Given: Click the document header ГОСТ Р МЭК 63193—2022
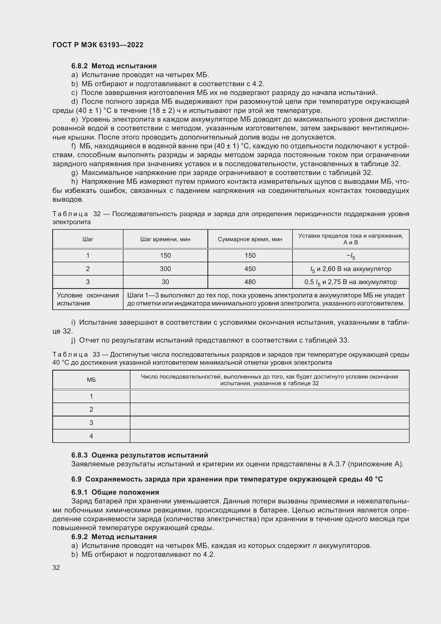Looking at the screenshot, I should pos(98,45).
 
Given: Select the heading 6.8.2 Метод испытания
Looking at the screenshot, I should pos(114,66).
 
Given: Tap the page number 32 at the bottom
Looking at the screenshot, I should pos(56,567).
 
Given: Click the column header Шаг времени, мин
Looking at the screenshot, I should pos(165,239).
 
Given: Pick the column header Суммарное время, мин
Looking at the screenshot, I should pos(250,239).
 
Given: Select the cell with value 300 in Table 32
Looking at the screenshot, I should pos(165,269).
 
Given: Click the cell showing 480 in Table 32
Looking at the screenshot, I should pos(250,282).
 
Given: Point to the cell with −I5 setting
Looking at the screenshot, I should pos(351,256).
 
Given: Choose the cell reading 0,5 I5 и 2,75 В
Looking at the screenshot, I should pos(351,282).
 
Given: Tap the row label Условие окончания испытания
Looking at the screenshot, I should pos(88,299).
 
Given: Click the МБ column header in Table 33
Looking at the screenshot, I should pos(91,380).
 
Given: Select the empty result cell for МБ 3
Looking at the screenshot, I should pos(269,423).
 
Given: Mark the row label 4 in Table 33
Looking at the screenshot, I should pos(91,436).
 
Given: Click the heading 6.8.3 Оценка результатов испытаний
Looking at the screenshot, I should pos(139,455).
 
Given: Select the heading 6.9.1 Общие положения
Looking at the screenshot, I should pos(115,492).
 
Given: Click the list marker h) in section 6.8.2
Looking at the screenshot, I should pos(74,182).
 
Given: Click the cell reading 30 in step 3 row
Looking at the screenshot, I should pos(165,282).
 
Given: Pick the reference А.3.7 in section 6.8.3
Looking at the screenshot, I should pos(337,464).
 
